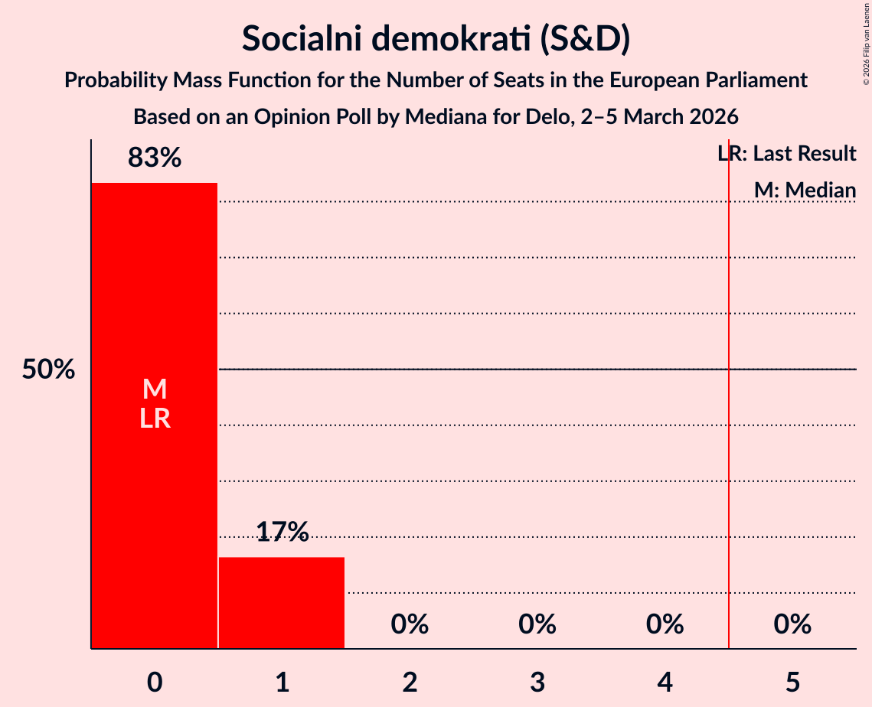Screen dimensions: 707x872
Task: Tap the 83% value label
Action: pos(155,158)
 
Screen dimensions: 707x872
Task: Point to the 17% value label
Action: pos(282,532)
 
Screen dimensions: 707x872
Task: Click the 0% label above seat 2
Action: pos(410,624)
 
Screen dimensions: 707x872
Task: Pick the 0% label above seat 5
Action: pos(792,624)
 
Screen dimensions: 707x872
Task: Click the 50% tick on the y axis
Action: pos(48,370)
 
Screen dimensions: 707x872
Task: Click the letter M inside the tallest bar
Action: pos(155,389)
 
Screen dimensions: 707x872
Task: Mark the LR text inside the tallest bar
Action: pos(155,419)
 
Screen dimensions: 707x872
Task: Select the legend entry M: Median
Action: pos(805,190)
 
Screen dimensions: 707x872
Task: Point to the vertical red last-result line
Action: pos(728,459)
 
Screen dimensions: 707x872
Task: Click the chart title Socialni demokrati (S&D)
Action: pos(436,39)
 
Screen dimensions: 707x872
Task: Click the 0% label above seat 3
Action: pos(537,624)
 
